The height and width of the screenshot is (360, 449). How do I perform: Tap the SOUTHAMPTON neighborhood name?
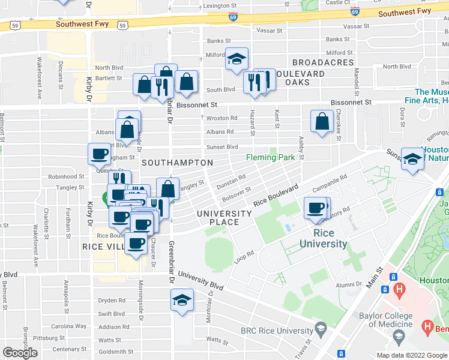pos(177,163)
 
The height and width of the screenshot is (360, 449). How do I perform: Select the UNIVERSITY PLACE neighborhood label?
pos(224,218)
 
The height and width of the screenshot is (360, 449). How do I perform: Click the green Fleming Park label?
pos(271,158)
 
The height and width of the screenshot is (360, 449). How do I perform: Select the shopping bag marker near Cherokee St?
pos(322,121)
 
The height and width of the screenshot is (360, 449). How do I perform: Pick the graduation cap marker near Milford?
pos(237,59)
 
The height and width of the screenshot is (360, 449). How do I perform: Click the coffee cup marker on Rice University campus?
pos(315,208)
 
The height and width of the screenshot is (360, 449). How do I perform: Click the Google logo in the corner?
pos(20,353)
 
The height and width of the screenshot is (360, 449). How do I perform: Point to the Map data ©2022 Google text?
pos(411,355)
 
